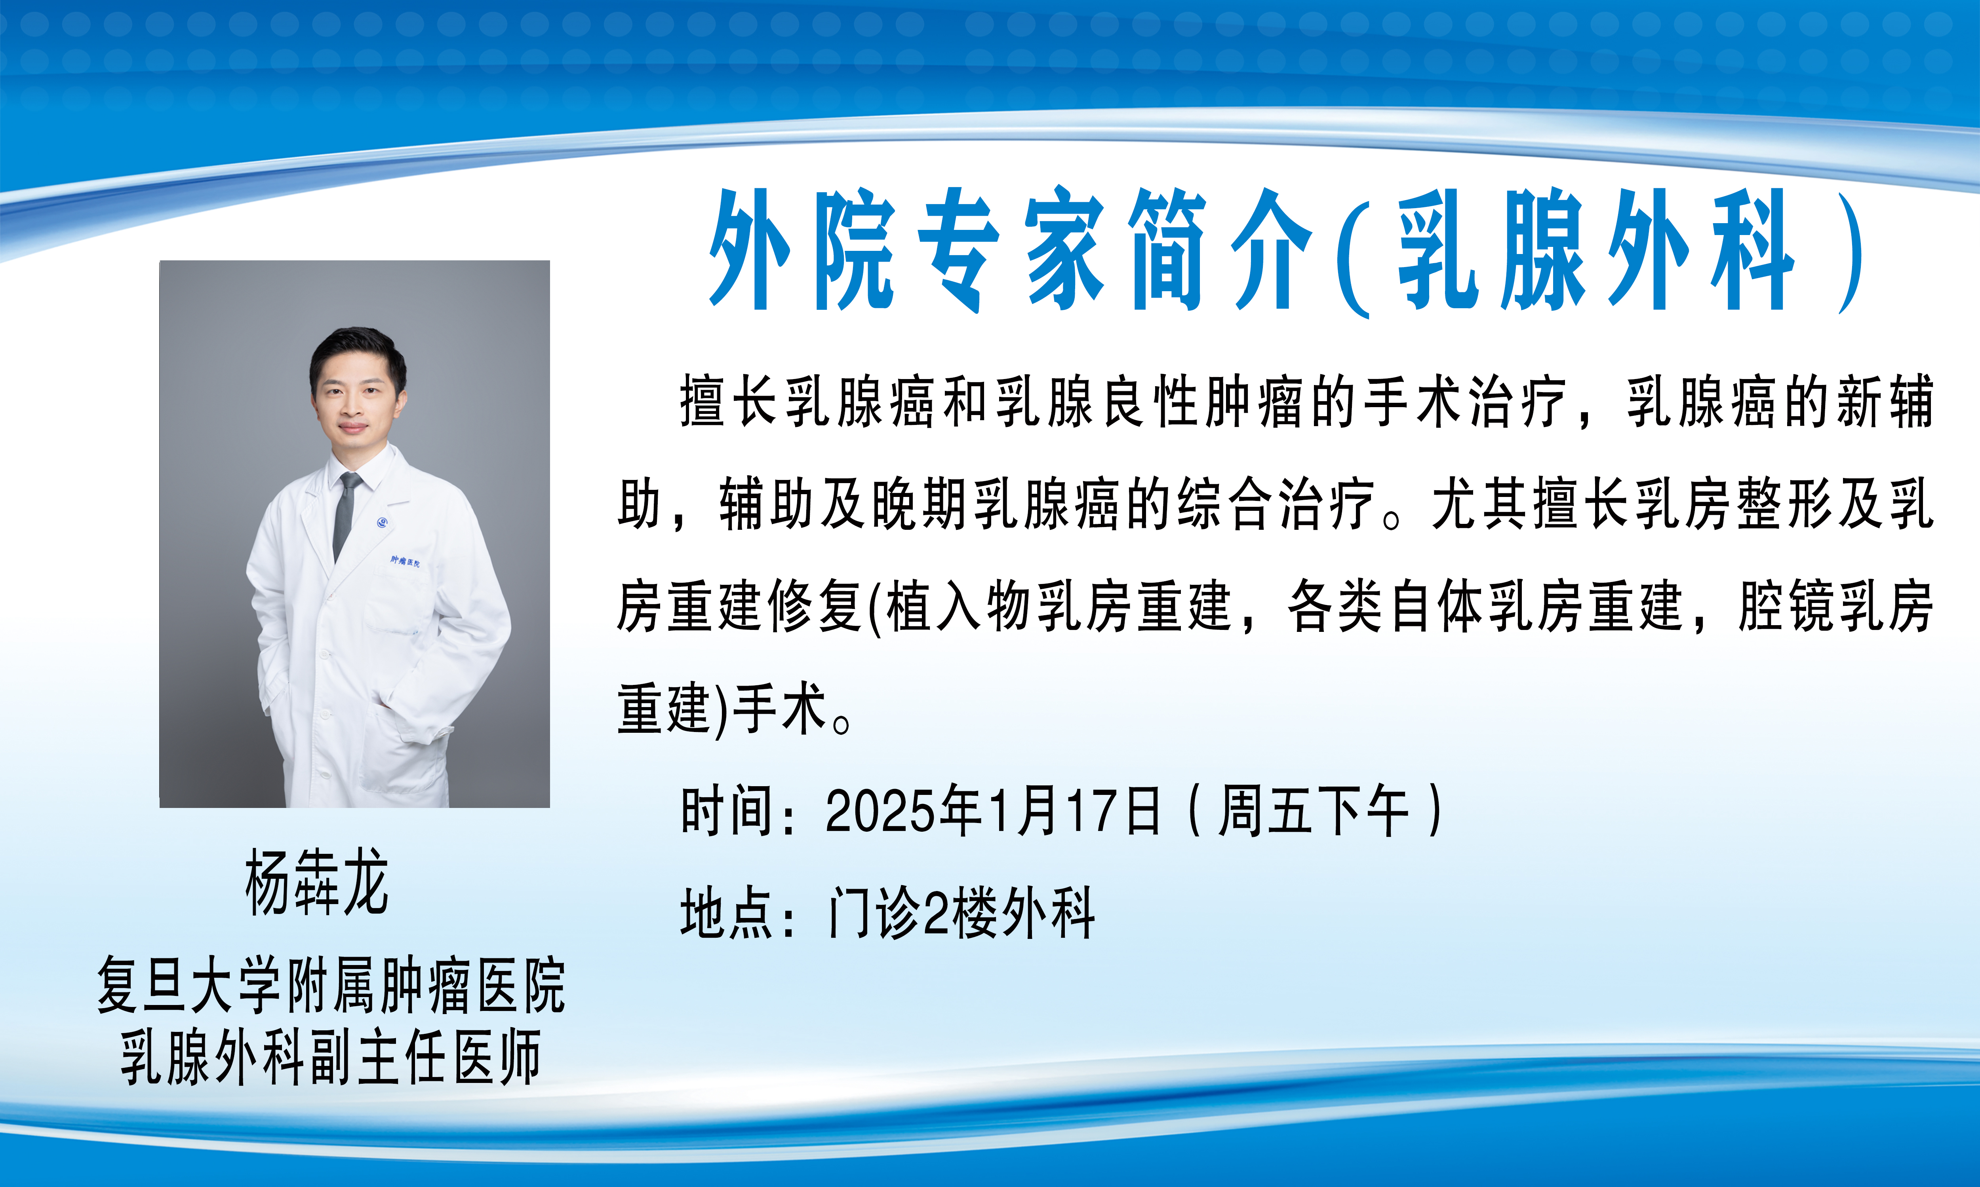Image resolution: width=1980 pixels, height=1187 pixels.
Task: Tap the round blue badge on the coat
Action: (x=383, y=522)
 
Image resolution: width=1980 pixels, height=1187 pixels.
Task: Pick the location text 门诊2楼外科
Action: (x=960, y=914)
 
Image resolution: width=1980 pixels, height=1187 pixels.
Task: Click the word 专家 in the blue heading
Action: (x=1013, y=250)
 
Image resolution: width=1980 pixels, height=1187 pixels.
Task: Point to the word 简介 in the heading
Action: (x=1220, y=250)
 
